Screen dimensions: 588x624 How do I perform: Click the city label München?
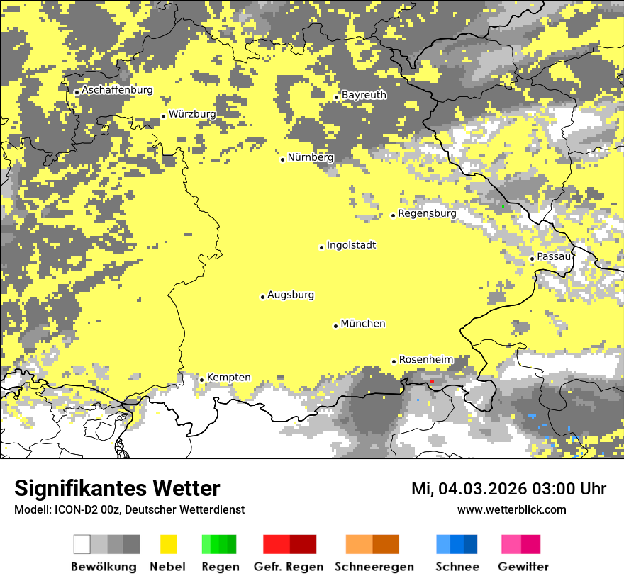point(363,324)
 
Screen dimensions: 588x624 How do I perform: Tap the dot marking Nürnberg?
point(282,159)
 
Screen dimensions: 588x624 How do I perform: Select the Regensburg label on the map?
point(427,213)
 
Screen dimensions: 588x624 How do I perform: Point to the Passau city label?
point(554,256)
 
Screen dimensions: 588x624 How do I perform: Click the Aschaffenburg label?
point(117,90)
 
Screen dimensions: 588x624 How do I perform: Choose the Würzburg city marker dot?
point(163,116)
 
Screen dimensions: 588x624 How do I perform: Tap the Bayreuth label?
point(364,95)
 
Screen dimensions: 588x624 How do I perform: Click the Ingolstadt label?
point(351,246)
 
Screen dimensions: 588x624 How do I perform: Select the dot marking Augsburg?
point(262,297)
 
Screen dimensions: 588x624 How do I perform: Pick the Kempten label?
point(228,378)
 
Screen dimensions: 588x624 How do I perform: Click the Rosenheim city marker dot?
point(394,361)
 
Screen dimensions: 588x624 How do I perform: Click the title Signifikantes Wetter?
point(117,489)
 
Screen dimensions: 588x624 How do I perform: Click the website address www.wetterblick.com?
point(511,509)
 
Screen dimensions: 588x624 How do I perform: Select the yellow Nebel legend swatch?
point(169,544)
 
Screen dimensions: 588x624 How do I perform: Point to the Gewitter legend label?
point(523,567)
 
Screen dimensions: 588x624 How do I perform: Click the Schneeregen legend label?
point(374,567)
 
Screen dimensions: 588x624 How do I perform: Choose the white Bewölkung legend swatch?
point(82,544)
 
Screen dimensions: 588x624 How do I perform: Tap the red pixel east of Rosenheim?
point(431,382)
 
